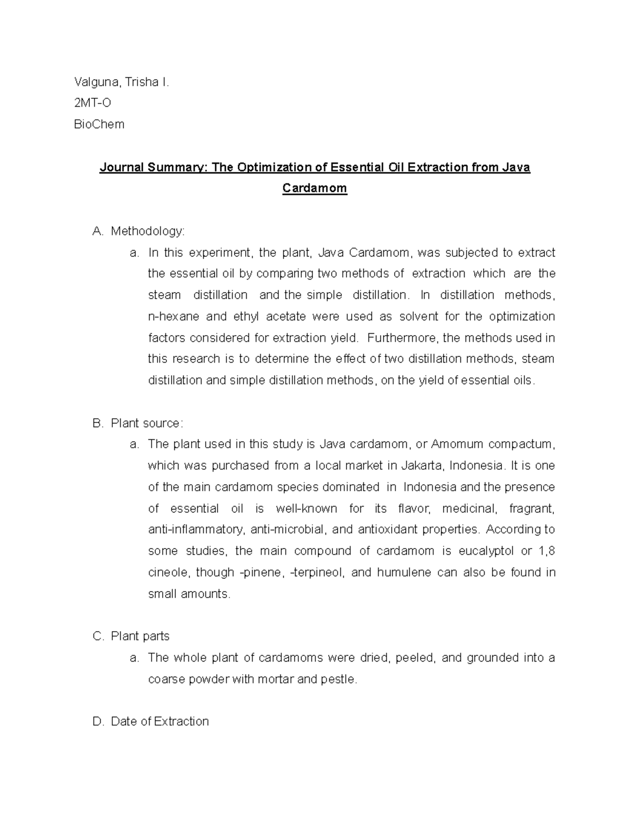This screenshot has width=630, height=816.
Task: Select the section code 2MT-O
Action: pyautogui.click(x=92, y=103)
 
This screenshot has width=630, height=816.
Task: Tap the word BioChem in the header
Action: pyautogui.click(x=99, y=125)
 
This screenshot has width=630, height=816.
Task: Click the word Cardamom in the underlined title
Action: pyautogui.click(x=314, y=188)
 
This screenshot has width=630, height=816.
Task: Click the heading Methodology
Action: pyautogui.click(x=148, y=231)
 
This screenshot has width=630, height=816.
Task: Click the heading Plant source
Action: pyautogui.click(x=146, y=423)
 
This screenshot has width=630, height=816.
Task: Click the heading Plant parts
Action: pyautogui.click(x=140, y=636)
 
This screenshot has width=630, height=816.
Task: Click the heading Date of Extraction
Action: pyautogui.click(x=160, y=721)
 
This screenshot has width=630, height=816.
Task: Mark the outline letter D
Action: pyautogui.click(x=97, y=721)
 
